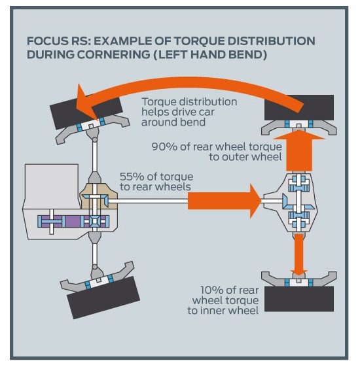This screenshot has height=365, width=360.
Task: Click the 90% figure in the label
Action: [x=164, y=147]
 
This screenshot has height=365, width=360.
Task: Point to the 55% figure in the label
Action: [x=132, y=177]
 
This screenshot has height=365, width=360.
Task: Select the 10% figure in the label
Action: [x=211, y=290]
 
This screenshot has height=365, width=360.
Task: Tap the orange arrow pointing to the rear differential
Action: [x=225, y=201]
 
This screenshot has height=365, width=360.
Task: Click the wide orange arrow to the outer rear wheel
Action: [x=299, y=150]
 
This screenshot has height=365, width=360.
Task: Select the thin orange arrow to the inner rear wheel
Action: [x=299, y=254]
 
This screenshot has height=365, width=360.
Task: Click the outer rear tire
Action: [x=299, y=107]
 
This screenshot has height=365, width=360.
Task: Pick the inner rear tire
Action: [x=299, y=299]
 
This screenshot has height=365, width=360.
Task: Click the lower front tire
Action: [x=103, y=297]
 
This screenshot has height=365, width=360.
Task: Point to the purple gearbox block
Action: [x=73, y=221]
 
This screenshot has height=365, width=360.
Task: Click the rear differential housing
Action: [x=294, y=202]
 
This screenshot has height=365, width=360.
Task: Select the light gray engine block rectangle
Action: [x=52, y=186]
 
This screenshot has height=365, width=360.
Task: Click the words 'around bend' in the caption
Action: [x=173, y=122]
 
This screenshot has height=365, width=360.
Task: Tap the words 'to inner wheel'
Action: [x=223, y=311]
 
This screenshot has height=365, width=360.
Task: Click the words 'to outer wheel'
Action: [x=245, y=157]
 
